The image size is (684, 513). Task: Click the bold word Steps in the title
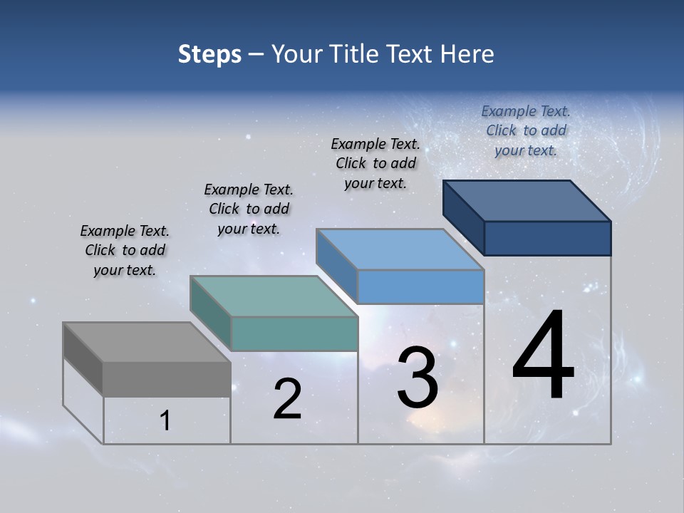coord(209,54)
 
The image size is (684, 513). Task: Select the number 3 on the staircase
coord(418,378)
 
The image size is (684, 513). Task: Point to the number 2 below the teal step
coord(288,399)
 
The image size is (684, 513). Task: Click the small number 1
coord(165,421)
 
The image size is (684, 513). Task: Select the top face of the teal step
coord(274,296)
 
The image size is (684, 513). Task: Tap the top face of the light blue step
coord(400,249)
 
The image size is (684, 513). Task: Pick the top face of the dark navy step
coord(527,200)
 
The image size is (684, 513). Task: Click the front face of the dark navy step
coord(547,238)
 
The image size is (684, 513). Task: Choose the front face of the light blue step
coord(420,286)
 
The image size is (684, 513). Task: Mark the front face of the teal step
coord(294,333)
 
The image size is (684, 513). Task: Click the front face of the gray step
coord(167,378)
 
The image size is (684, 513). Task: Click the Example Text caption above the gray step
coord(125,250)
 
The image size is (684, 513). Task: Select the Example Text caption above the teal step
coord(249,209)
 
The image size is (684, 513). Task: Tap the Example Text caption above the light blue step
coord(375,163)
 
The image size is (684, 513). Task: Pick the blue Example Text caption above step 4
coord(526,130)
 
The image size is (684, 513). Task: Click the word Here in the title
coord(469,54)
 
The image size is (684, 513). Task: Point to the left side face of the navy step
coord(463,217)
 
